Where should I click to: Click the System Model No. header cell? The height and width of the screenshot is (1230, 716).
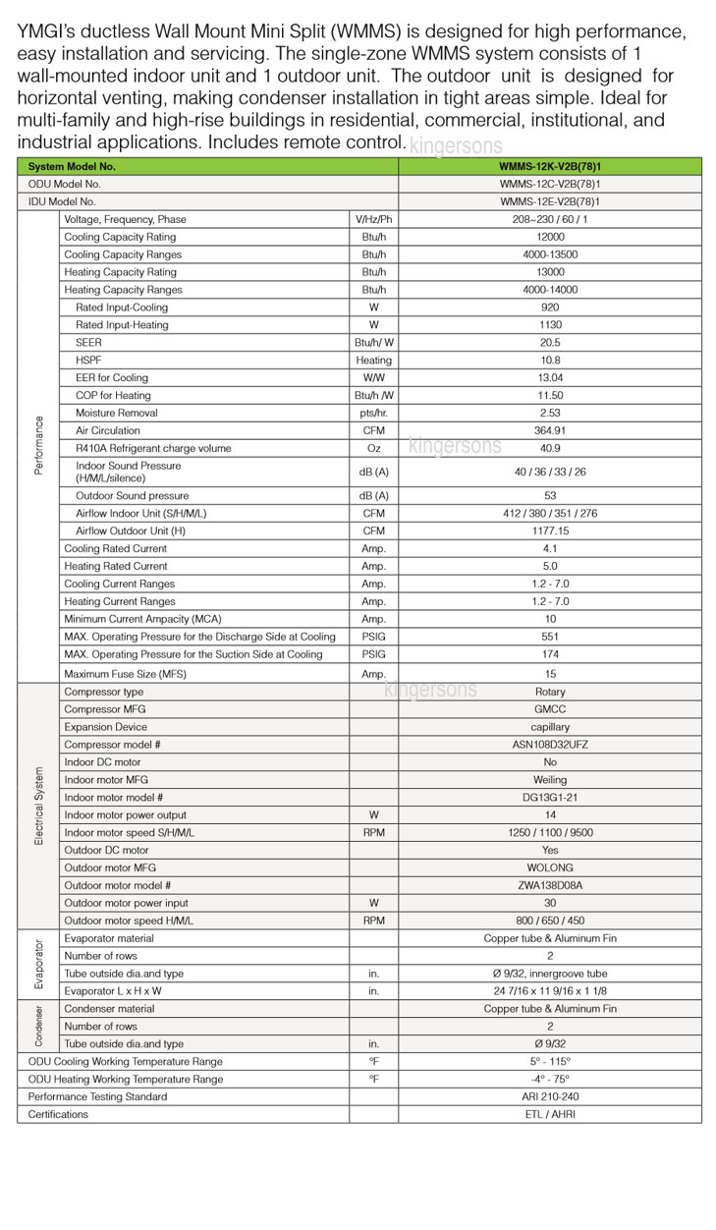[x=72, y=166]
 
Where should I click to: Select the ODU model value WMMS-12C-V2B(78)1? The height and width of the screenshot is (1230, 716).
[x=550, y=184]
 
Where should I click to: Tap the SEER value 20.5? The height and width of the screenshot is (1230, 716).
[x=550, y=342]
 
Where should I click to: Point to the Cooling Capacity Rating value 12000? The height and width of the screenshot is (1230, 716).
[x=550, y=237]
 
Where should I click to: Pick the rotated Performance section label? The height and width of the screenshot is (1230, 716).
[x=39, y=445]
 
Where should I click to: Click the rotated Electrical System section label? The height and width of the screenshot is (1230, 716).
[x=39, y=806]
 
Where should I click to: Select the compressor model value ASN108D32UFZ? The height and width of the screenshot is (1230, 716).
[x=550, y=745]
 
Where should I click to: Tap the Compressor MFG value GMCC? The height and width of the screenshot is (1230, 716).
[x=550, y=709]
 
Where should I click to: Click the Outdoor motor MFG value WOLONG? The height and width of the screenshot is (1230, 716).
[x=550, y=867]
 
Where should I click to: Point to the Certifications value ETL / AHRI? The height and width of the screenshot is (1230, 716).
[x=550, y=1114]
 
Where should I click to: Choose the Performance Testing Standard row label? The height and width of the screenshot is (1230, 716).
[x=97, y=1096]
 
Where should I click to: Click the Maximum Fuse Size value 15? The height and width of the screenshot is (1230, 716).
[x=550, y=674]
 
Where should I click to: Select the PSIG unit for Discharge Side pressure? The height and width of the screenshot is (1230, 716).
[x=373, y=637]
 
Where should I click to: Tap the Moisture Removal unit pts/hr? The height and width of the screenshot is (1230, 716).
[x=373, y=413]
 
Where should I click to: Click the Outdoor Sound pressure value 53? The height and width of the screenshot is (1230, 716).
[x=550, y=495]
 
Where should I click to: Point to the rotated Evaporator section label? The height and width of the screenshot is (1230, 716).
[x=39, y=964]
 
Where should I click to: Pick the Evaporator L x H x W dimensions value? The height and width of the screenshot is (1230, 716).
[x=550, y=991]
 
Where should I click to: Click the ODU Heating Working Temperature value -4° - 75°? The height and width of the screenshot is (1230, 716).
[x=550, y=1079]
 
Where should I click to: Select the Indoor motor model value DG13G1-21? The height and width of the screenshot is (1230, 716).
[x=550, y=798]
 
